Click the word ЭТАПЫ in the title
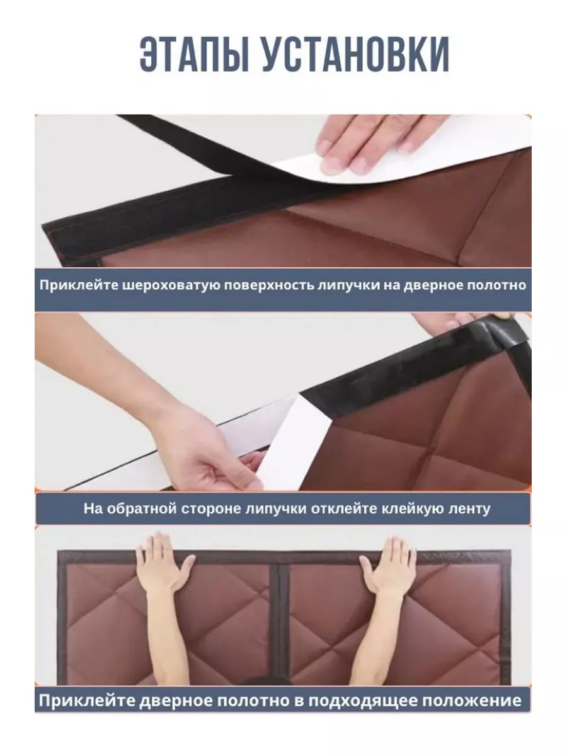point(195,54)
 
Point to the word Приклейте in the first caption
point(79,285)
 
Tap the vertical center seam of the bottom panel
point(279,624)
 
